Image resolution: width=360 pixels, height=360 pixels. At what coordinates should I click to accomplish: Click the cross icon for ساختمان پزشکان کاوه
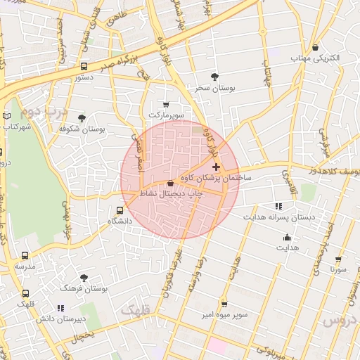(216, 167)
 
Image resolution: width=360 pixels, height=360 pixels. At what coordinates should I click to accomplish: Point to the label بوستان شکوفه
(82, 129)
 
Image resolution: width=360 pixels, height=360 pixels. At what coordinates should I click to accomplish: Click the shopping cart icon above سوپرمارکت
(166, 103)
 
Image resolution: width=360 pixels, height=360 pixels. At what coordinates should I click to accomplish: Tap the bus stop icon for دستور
(84, 67)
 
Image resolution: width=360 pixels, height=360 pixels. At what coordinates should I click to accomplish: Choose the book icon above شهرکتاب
(7, 116)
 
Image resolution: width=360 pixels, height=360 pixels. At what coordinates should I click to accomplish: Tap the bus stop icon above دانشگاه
(119, 210)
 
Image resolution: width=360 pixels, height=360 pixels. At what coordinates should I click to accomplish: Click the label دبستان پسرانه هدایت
(278, 217)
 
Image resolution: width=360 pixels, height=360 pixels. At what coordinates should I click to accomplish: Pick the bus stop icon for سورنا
(338, 259)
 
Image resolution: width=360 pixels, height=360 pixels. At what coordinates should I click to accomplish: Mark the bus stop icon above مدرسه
(25, 257)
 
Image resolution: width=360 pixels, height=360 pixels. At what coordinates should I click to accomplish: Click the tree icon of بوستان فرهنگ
(84, 278)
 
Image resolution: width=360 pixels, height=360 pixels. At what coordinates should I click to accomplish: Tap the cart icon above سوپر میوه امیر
(224, 304)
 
